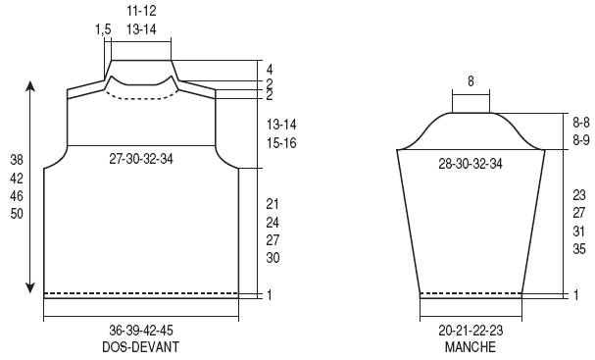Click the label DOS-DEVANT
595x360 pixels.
[140, 347]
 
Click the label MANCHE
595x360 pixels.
[471, 347]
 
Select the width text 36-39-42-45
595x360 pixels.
[141, 330]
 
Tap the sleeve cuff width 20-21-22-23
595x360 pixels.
[471, 330]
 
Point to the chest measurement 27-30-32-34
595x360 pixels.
[141, 159]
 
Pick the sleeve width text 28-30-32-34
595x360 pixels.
[471, 164]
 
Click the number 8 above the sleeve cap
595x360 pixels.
[471, 81]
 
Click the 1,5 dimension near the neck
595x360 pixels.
[103, 29]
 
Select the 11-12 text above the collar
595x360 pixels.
[141, 11]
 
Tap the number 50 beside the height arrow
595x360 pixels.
[17, 214]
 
